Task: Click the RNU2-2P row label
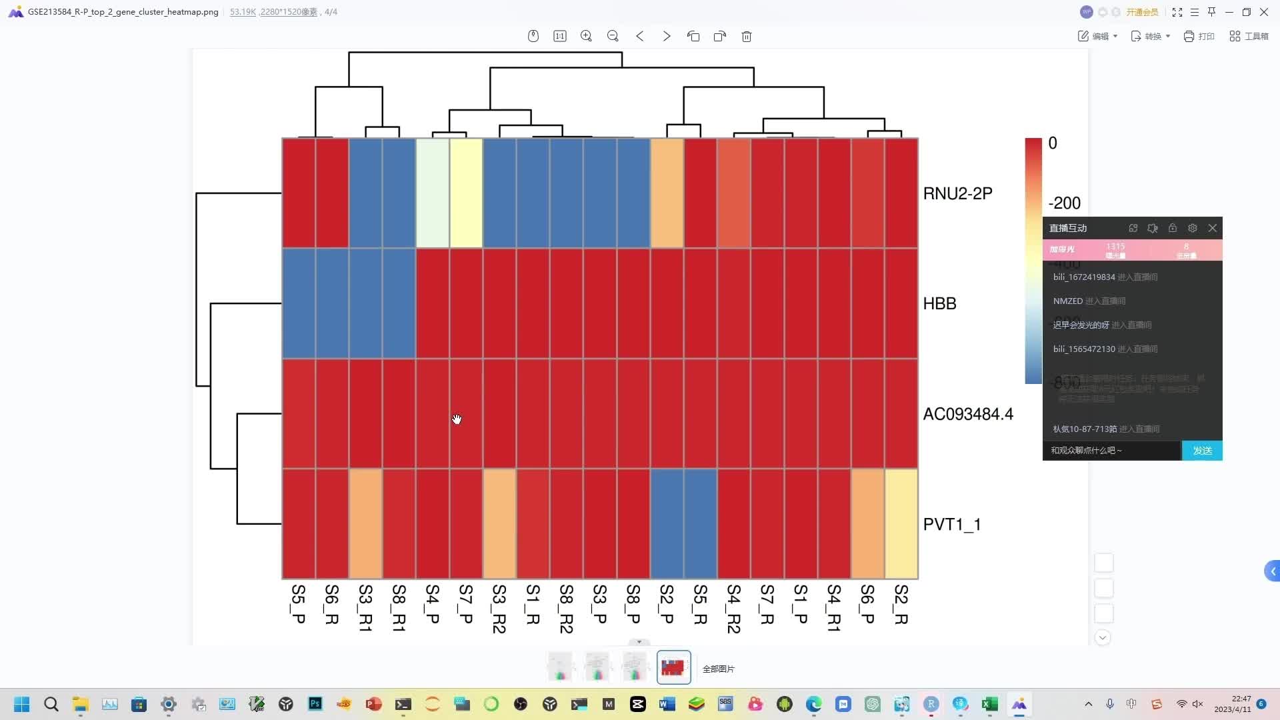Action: tap(957, 193)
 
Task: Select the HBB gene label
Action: tap(939, 304)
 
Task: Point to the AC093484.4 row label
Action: tap(967, 414)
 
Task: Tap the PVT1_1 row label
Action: tap(951, 525)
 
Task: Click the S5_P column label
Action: tap(299, 604)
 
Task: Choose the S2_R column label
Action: tap(901, 604)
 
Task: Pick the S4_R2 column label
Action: tap(733, 608)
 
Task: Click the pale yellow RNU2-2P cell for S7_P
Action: tap(466, 193)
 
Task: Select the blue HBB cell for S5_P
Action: tap(299, 304)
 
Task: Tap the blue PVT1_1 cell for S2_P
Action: tap(667, 524)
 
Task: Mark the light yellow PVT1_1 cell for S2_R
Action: tap(901, 524)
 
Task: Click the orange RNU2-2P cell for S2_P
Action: tap(667, 193)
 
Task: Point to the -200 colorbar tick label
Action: tap(1064, 203)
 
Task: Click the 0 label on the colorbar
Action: tap(1053, 143)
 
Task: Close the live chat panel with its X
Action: tap(1213, 228)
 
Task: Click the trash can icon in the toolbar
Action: tap(747, 37)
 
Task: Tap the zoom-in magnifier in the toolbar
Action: tap(586, 37)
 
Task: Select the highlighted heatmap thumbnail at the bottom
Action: tap(673, 667)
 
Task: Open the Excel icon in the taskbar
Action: tap(989, 704)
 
